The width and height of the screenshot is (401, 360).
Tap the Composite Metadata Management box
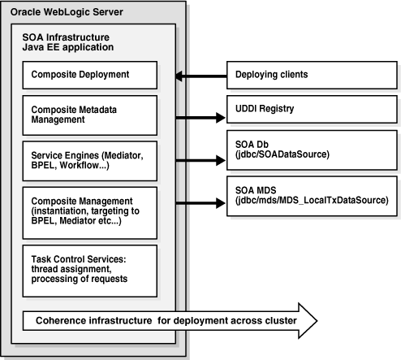coord(88,113)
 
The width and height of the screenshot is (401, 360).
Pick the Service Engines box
coord(88,158)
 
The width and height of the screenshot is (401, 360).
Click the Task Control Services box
coord(88,263)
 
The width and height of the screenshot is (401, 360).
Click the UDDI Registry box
coord(305,107)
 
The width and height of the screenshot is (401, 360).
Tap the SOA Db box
coord(305,148)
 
